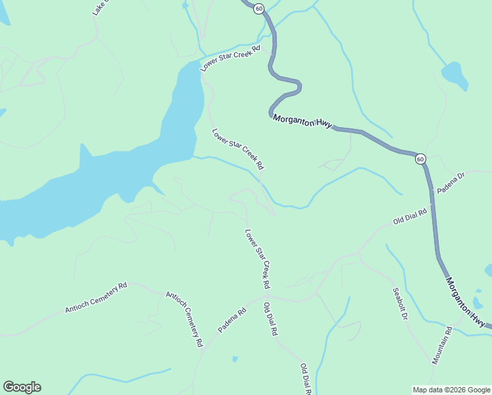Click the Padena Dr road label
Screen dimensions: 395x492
click(x=451, y=182)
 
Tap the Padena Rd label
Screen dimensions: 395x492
click(x=232, y=318)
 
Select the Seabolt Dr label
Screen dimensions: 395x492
click(x=400, y=304)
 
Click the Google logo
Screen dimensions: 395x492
click(x=22, y=387)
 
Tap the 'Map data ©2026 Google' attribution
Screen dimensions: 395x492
click(x=451, y=390)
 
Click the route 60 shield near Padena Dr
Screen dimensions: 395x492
click(x=420, y=159)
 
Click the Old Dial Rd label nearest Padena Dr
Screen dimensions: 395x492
click(x=410, y=217)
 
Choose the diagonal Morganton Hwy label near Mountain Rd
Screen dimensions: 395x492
click(x=469, y=302)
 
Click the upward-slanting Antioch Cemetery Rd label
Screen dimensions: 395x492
click(x=95, y=298)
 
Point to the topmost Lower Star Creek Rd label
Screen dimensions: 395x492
click(x=231, y=58)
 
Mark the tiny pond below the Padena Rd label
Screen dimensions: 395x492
click(x=235, y=359)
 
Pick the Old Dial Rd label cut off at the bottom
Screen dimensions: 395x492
click(x=305, y=379)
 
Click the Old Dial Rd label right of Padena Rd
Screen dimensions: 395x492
click(x=270, y=319)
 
